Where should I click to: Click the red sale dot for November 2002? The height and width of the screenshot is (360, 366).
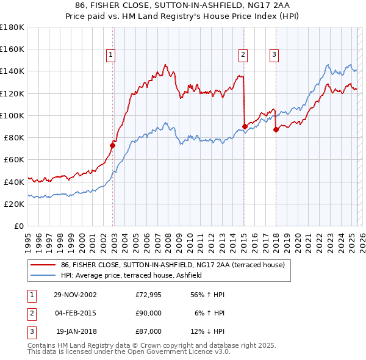(113, 145)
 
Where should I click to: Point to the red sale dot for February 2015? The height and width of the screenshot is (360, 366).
(245, 126)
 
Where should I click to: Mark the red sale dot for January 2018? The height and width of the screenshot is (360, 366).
(276, 129)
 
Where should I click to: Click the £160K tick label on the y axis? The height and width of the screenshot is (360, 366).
(12, 49)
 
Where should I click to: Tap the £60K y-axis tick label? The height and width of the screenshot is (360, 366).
(14, 159)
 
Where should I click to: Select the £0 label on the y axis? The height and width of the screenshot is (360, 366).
(20, 226)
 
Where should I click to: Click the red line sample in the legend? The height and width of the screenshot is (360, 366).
(43, 265)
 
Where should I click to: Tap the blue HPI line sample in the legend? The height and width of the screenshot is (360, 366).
(43, 276)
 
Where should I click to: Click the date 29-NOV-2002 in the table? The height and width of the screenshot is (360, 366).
(75, 295)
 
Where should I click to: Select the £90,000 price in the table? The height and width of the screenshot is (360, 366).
(149, 313)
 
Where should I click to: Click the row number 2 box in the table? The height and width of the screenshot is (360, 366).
(30, 313)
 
